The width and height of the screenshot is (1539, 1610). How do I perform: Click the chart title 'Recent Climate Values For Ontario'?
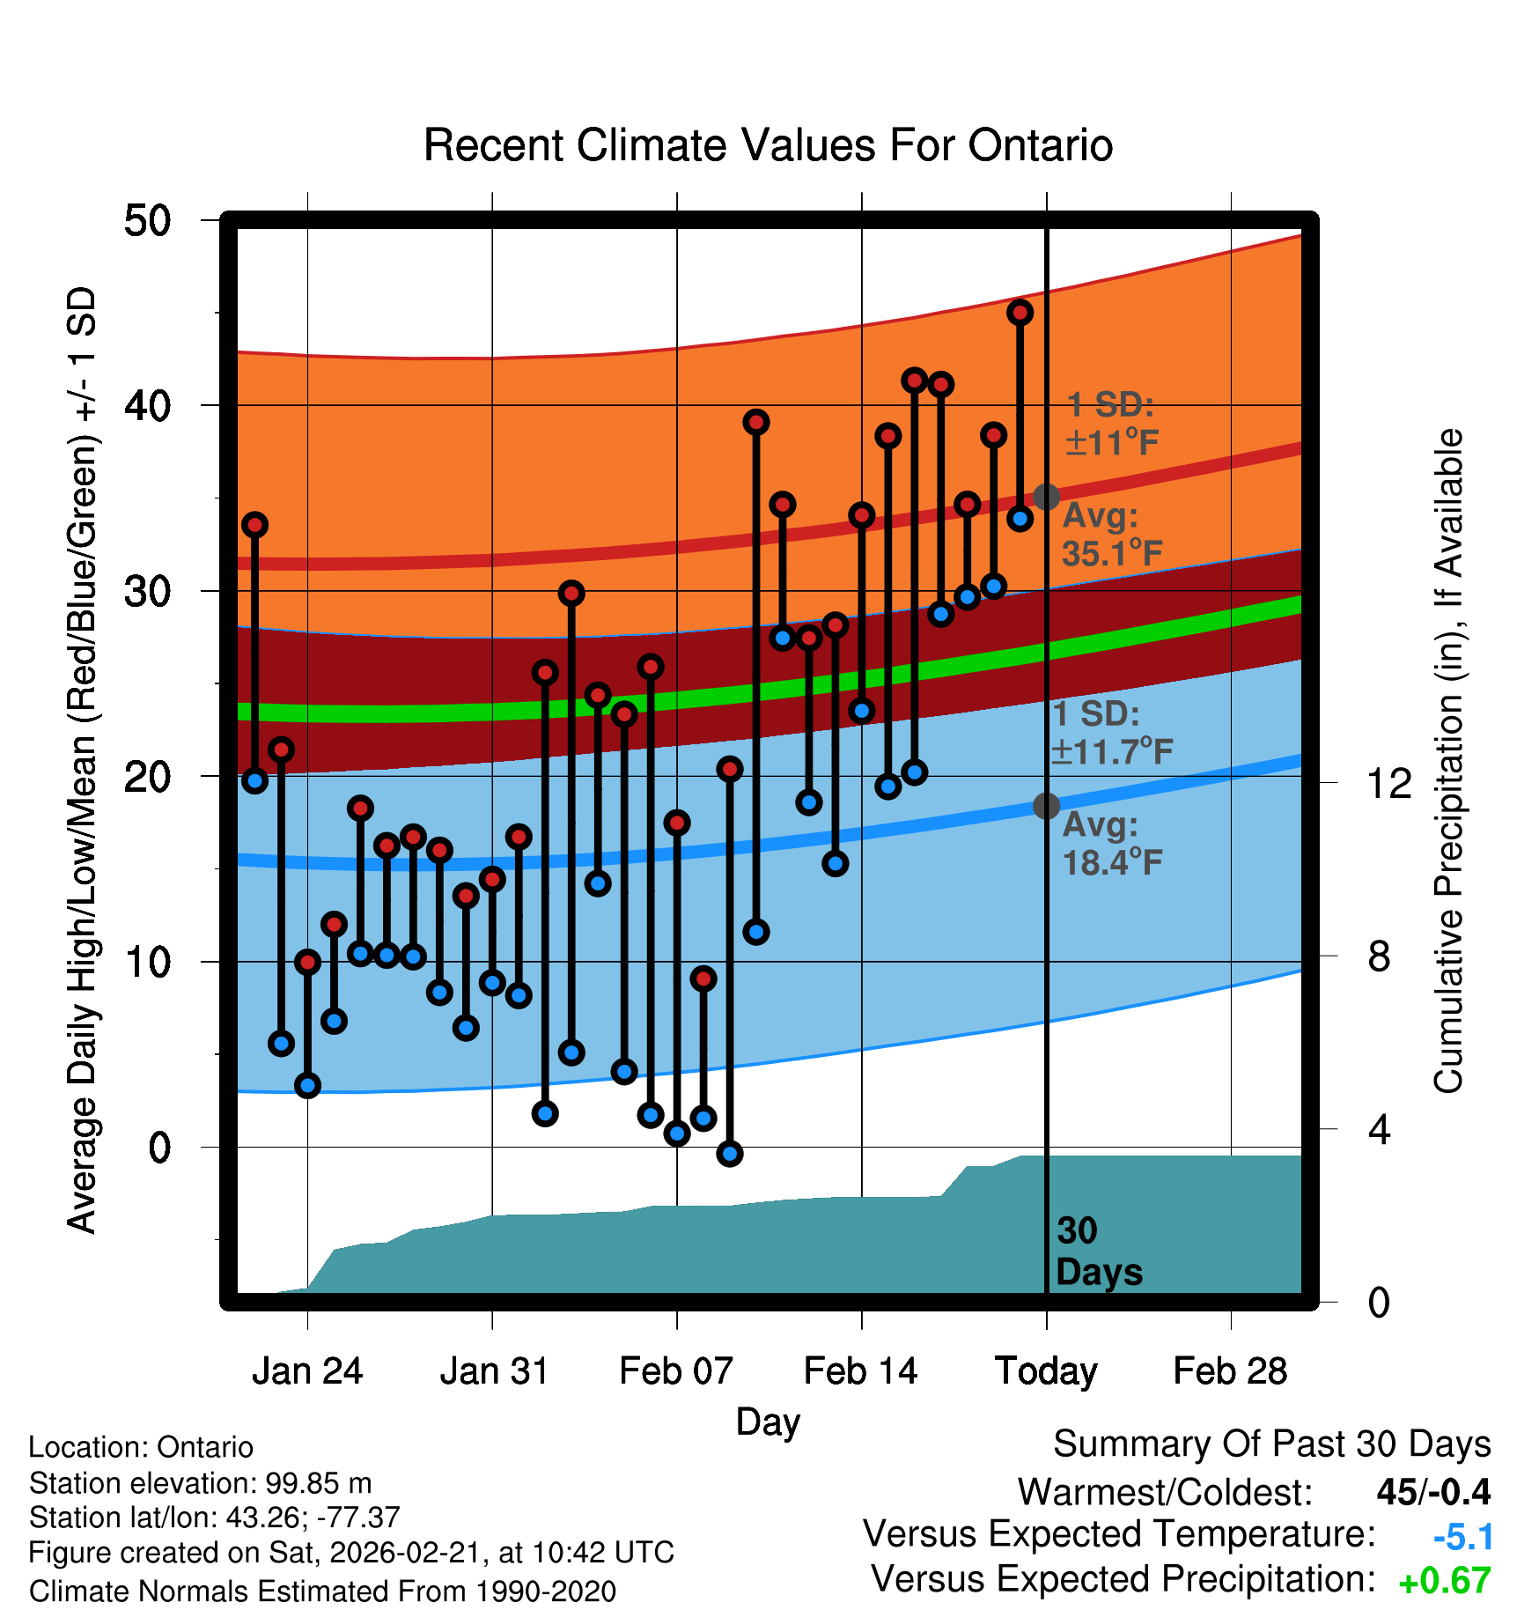[768, 145]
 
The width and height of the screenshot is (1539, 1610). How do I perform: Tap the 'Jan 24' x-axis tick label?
[307, 1371]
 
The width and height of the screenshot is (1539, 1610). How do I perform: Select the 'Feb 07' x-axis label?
[676, 1371]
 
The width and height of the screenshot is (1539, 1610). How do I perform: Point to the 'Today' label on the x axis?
[1046, 1371]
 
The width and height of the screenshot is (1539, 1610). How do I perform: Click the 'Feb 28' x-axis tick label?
[1230, 1371]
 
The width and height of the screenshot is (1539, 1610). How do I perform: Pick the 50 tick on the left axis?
[148, 220]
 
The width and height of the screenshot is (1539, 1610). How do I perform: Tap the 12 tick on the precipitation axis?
[1389, 783]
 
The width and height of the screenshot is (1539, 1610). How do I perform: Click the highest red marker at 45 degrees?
[1020, 312]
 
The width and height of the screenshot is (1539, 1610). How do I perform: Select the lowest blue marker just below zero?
[729, 1154]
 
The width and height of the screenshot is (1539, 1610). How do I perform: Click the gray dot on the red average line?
[1046, 497]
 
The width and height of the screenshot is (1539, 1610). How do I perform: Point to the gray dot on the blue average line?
[1046, 806]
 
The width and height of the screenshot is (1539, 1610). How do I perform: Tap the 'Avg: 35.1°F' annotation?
[1111, 535]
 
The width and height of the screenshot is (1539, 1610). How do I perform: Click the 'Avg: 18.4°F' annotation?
[1111, 844]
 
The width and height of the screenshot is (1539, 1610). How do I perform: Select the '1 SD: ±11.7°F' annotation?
[1111, 733]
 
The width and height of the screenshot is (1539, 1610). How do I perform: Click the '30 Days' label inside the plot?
[1098, 1252]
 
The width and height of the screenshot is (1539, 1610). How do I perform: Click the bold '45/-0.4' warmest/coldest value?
[1433, 1493]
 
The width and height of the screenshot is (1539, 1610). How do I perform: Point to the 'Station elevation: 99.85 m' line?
[201, 1483]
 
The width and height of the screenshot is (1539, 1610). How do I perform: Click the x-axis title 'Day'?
[768, 1422]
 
